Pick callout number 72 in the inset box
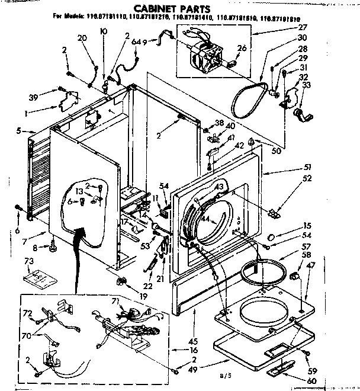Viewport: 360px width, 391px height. pyautogui.click(x=27, y=312)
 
